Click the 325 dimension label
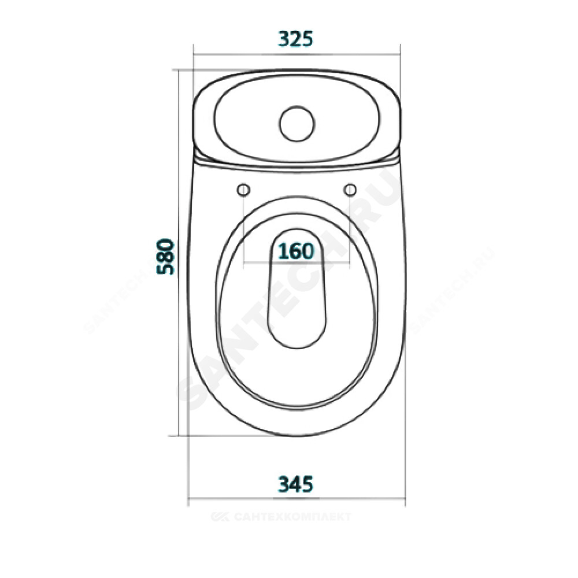point(295,39)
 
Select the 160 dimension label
point(295,251)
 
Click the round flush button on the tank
point(297,124)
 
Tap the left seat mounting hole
point(243,190)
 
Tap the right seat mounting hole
point(350,190)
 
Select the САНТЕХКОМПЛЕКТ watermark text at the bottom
point(292,516)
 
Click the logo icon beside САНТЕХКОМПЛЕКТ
point(220,516)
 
